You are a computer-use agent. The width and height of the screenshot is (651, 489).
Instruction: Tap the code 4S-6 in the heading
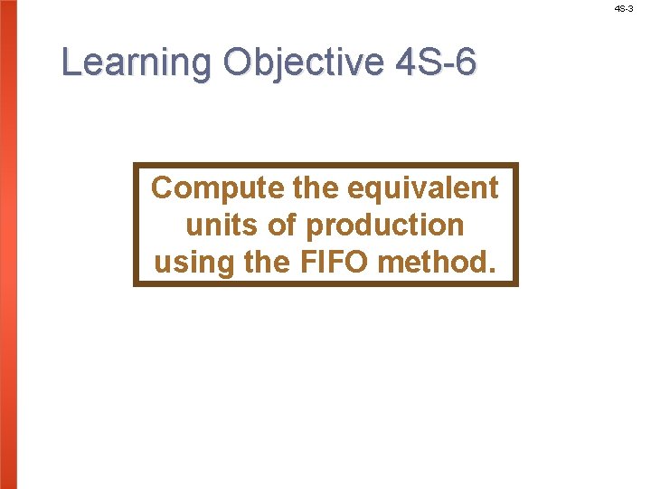(x=436, y=63)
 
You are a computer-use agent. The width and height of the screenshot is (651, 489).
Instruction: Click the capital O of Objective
(x=238, y=63)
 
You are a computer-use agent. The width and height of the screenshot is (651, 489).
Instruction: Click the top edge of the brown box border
(x=325, y=165)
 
